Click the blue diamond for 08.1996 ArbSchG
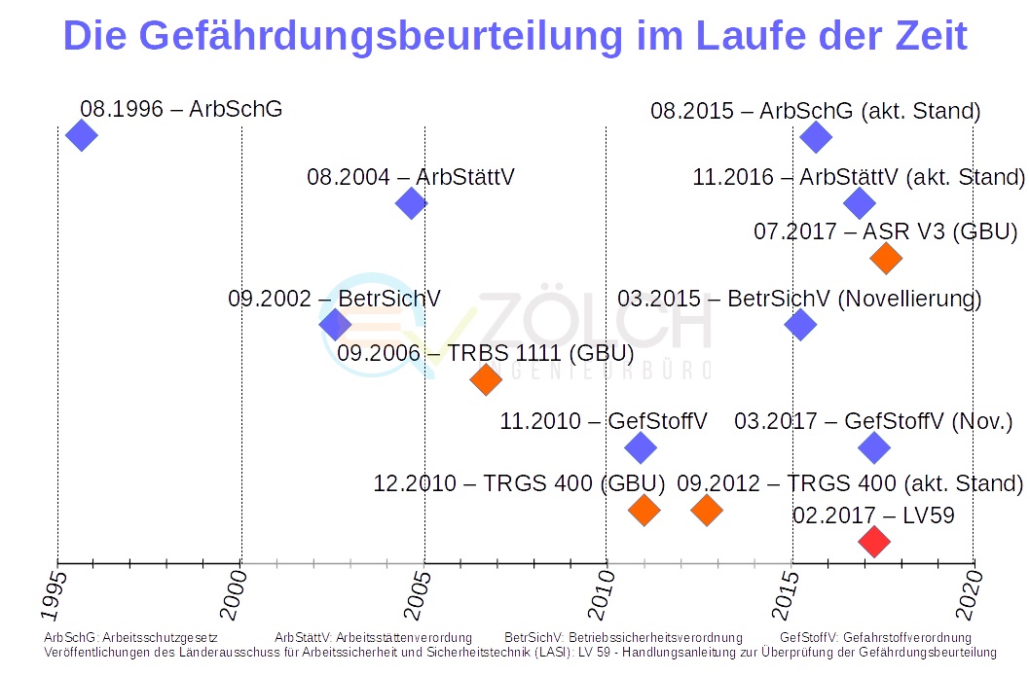tap(82, 135)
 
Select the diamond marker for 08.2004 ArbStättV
tap(412, 203)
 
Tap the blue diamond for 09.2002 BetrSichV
tap(334, 325)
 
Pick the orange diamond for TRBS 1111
tap(485, 378)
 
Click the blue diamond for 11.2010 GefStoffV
tap(640, 447)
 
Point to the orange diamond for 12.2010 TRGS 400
tap(644, 509)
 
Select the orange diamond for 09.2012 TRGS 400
tap(707, 509)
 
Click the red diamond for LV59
tap(874, 541)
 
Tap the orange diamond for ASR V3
tap(886, 258)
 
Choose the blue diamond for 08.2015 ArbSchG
tap(816, 136)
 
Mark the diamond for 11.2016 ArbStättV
tap(859, 203)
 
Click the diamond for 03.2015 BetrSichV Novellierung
tap(800, 325)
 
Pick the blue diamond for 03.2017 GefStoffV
tap(874, 447)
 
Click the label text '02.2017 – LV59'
tap(873, 515)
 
